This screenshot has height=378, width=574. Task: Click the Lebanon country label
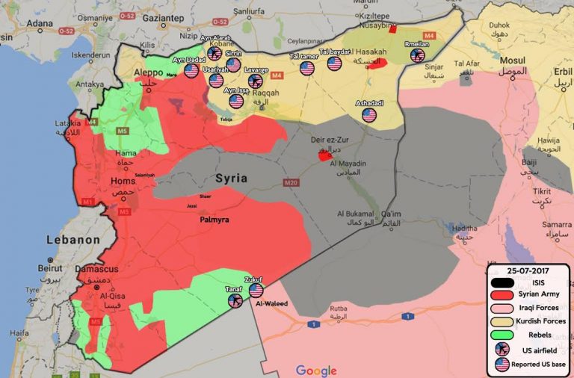pyautogui.click(x=72, y=240)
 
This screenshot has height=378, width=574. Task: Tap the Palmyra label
pyautogui.click(x=214, y=220)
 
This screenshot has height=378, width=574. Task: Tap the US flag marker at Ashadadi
pyautogui.click(x=369, y=115)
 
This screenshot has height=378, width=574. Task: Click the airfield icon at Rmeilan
pyautogui.click(x=417, y=55)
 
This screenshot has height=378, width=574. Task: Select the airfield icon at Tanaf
pyautogui.click(x=235, y=300)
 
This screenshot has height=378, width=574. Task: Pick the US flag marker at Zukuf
pyautogui.click(x=256, y=291)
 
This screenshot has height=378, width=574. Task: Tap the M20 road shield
pyautogui.click(x=291, y=182)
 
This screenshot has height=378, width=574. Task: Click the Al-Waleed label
pyautogui.click(x=271, y=304)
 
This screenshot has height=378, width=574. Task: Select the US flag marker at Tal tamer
pyautogui.click(x=307, y=68)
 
